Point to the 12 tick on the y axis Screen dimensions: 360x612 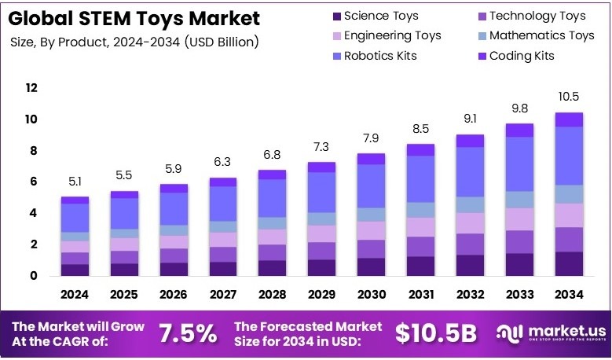coord(32,88)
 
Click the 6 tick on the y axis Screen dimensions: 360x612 coord(32,182)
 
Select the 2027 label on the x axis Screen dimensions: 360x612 coord(223,294)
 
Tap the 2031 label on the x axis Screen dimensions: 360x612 coord(420,294)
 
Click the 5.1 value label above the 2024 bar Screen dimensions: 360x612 coord(75,181)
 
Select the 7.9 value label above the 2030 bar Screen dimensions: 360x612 coord(371,137)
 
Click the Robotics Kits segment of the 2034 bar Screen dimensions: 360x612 coord(569,156)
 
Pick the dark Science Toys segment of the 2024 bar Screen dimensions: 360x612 coord(75,270)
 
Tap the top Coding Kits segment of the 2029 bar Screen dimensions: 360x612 coord(321,167)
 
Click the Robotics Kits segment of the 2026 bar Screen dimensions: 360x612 coord(174,208)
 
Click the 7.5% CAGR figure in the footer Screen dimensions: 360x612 coord(188,333)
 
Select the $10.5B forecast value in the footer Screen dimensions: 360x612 coord(436,333)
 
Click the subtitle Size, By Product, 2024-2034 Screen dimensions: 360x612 coord(134,41)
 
